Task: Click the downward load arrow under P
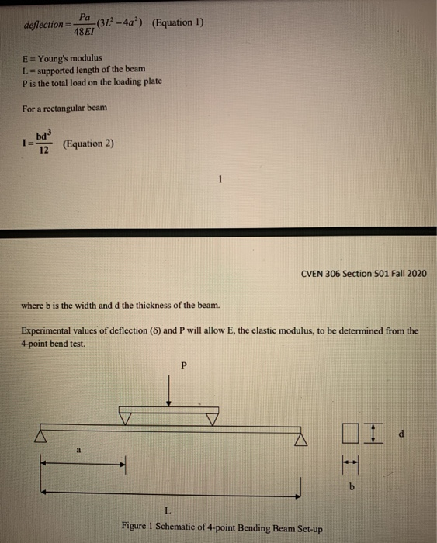170,392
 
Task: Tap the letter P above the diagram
184,365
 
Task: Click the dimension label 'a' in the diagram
79,449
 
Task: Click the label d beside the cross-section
401,434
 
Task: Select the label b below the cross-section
352,488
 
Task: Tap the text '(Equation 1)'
179,22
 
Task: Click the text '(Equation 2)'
89,144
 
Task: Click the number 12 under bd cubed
44,150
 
